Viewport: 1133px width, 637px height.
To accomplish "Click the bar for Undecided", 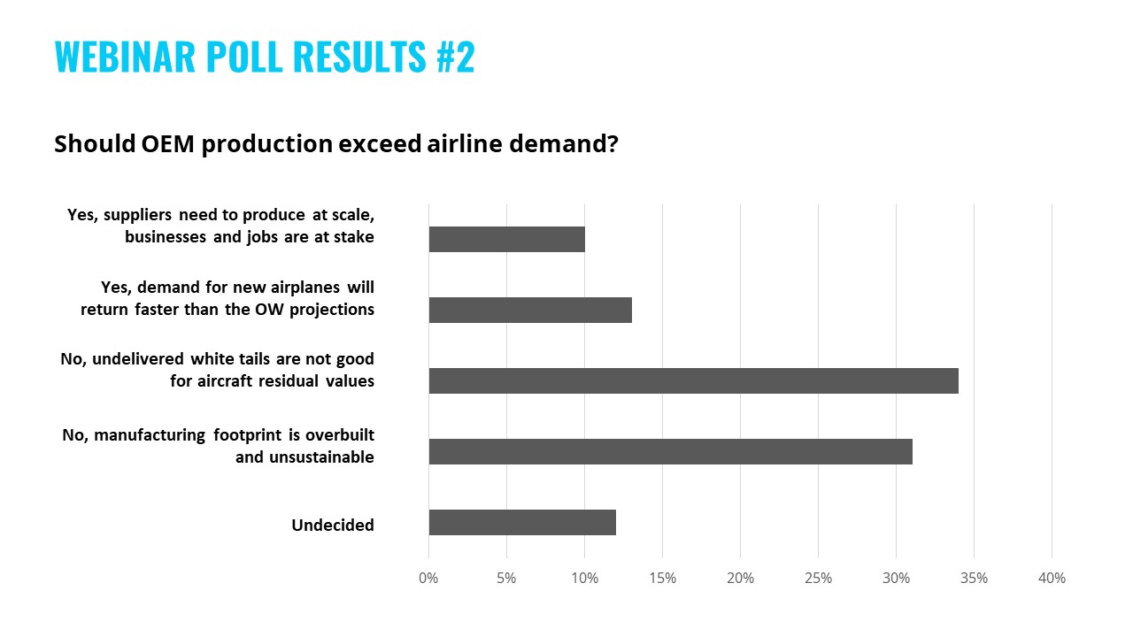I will click(522, 522).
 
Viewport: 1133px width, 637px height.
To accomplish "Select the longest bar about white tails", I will click(693, 380).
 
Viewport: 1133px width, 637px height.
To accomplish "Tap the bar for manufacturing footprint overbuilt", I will click(670, 451).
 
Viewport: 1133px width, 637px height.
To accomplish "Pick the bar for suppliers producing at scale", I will click(506, 239).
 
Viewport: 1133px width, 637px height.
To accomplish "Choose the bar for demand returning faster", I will click(530, 310).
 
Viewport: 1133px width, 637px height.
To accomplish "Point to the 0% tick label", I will click(428, 579).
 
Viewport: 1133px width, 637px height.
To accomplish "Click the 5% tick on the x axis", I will click(506, 579).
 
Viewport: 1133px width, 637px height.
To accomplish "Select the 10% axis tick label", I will click(584, 579).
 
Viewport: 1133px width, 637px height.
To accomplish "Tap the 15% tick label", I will click(662, 579).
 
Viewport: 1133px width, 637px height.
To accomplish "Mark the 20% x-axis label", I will click(740, 579).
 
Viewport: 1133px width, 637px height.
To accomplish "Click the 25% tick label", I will click(818, 579).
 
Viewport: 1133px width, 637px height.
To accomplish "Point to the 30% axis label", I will click(896, 579).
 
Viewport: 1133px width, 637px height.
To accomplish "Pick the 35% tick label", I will click(974, 579).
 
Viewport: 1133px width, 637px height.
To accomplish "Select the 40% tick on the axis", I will click(1052, 579).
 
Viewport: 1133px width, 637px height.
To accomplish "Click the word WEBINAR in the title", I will click(124, 57).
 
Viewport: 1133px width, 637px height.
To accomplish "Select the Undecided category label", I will click(333, 526).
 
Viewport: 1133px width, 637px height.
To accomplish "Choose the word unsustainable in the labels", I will click(304, 457).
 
